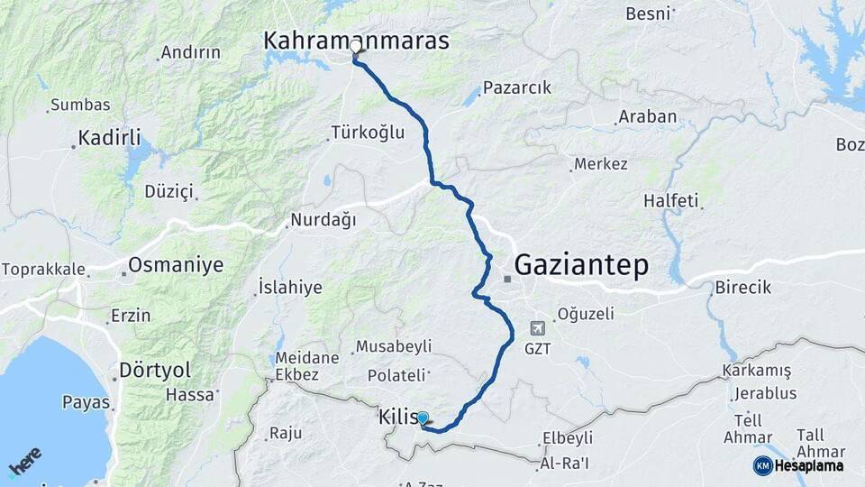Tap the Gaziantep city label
(581, 264)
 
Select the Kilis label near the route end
(397, 418)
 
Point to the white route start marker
(356, 46)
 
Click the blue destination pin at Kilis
(422, 418)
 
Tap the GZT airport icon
(538, 328)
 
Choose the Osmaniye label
(175, 264)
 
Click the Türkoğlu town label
(369, 133)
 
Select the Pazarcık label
(516, 87)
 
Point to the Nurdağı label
(323, 219)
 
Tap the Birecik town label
(743, 288)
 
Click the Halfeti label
(671, 200)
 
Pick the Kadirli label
(109, 138)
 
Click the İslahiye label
(290, 287)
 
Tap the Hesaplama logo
(798, 465)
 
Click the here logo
(24, 462)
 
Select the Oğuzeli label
(586, 314)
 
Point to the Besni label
(648, 14)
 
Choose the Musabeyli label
(394, 346)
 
